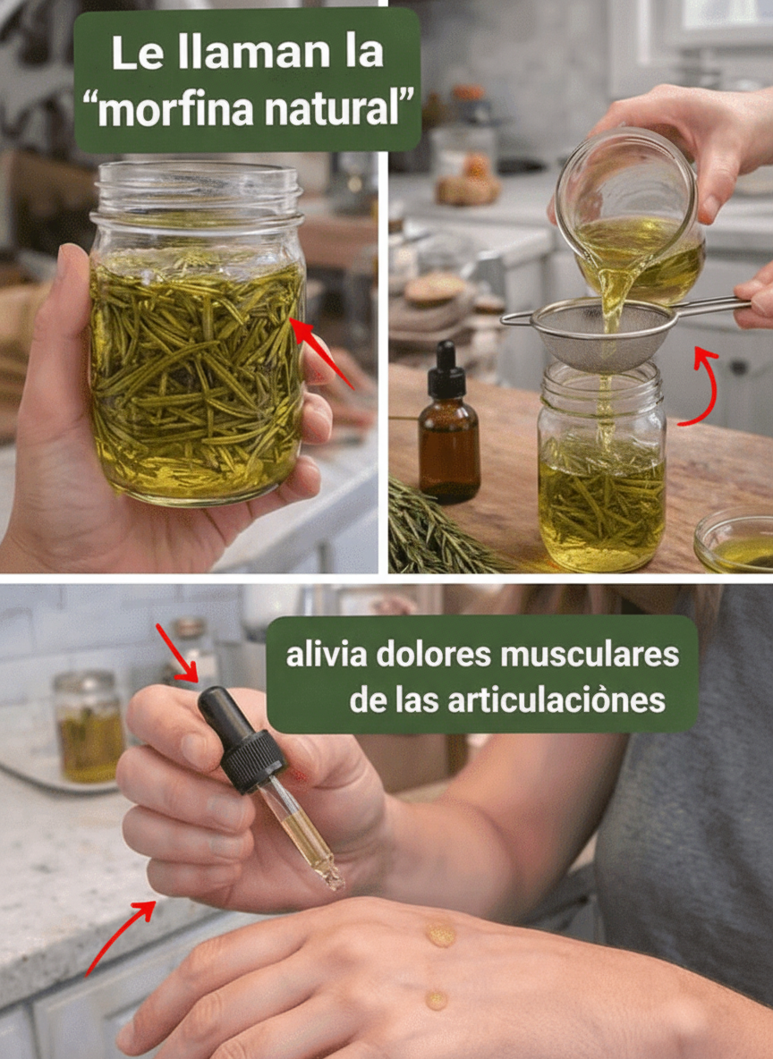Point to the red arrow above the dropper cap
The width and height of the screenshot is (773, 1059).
click(177, 653)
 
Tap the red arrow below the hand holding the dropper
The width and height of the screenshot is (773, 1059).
click(120, 936)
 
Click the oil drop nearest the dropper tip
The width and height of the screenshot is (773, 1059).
click(440, 934)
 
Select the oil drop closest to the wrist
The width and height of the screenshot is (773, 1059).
click(437, 1000)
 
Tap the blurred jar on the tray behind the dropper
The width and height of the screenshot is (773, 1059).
click(89, 726)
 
